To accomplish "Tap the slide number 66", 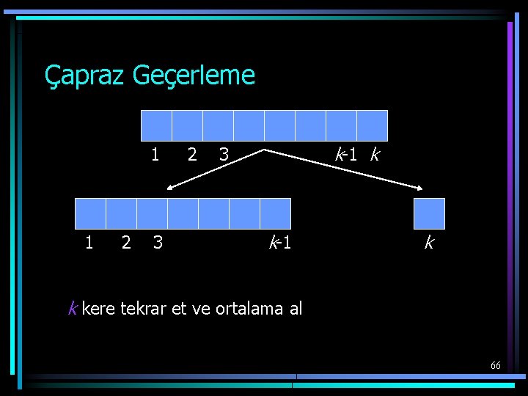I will coord(496,365).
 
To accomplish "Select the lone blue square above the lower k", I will coord(429,213).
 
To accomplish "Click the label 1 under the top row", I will coord(155,155).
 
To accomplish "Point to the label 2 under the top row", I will coord(191,155).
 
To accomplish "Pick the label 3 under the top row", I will coord(224,155).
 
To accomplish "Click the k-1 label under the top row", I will coord(346,155).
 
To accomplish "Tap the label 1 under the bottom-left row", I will coord(89,242).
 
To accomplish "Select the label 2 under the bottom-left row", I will coord(126,242).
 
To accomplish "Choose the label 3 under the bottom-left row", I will coord(158,242).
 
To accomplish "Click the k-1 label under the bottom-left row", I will coord(280,242).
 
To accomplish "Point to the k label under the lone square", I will coord(429,242).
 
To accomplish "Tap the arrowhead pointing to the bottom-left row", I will coord(171,188).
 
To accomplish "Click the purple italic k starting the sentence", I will coord(72,309).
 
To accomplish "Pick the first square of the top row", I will coord(156,125).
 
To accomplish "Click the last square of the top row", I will coord(372,125).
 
